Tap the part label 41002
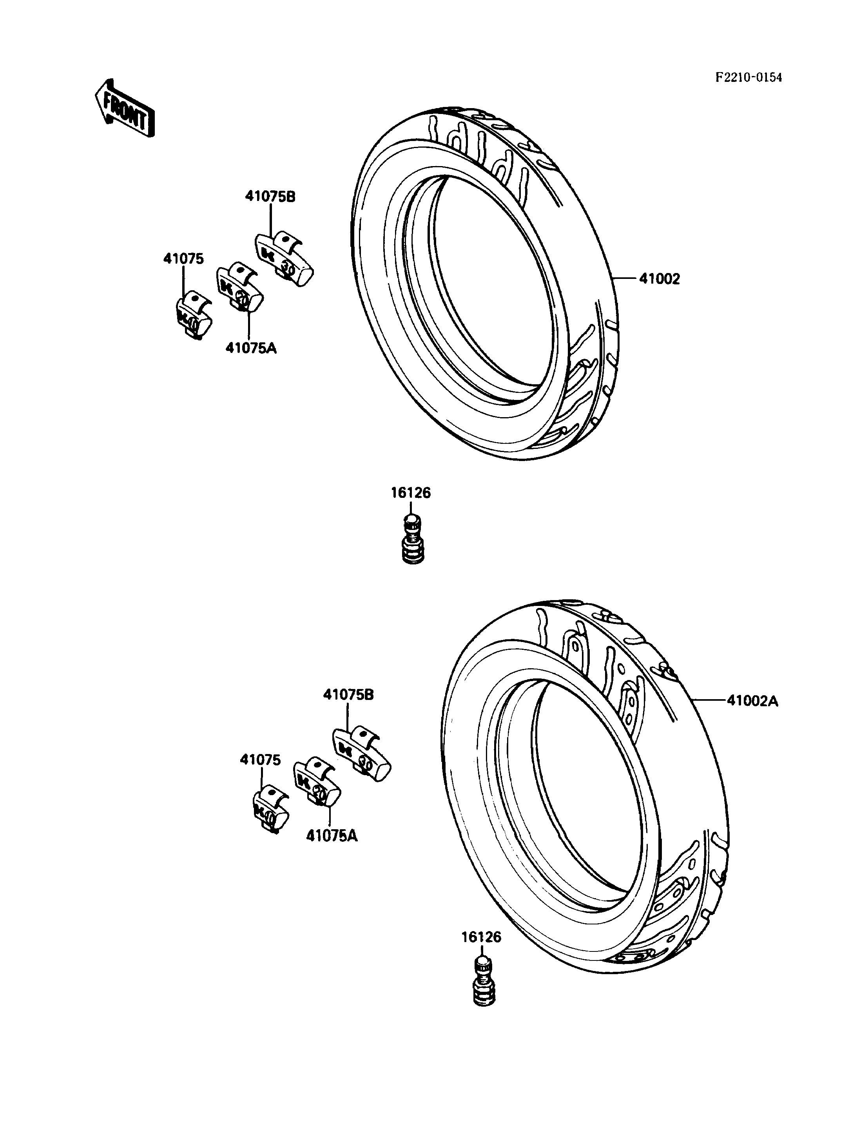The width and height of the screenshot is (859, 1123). (x=659, y=279)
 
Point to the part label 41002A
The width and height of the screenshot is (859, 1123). (x=753, y=701)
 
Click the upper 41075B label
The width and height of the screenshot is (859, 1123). (x=270, y=197)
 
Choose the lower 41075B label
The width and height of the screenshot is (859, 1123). (x=348, y=695)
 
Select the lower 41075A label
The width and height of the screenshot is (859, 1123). (x=332, y=836)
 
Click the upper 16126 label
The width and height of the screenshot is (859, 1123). (x=411, y=493)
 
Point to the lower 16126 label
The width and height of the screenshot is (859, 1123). (x=482, y=937)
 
